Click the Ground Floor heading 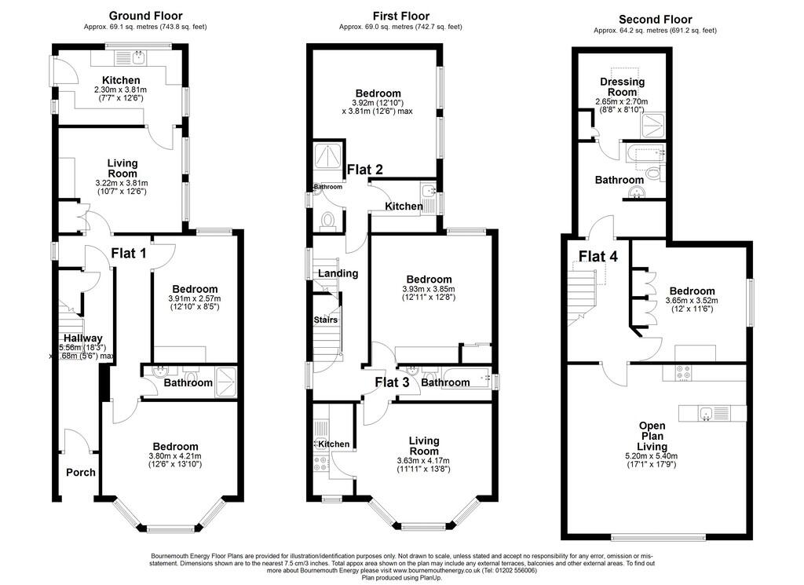tap(145, 16)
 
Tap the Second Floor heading tap(656, 20)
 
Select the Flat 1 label tap(129, 254)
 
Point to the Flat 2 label tap(365, 169)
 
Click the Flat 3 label tap(393, 382)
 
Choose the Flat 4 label tap(598, 256)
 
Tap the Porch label tap(81, 472)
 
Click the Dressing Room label tap(623, 86)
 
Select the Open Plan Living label tap(652, 436)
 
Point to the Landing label tap(338, 273)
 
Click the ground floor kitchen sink tap(139, 57)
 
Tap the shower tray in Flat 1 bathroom tap(227, 382)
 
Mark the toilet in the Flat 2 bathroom tap(327, 220)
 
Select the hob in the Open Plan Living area tap(678, 372)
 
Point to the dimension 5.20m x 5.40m tap(652, 455)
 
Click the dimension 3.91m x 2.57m tap(195, 298)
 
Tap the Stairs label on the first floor tap(326, 320)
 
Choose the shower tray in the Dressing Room tap(653, 126)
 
